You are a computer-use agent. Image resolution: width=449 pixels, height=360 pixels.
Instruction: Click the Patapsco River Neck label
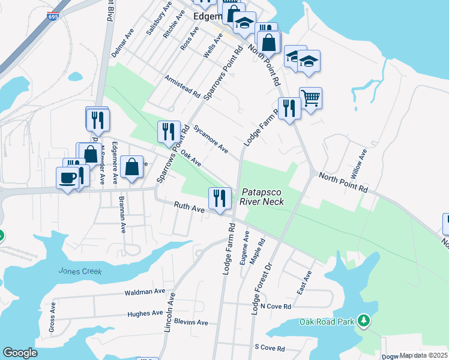(x=262, y=197)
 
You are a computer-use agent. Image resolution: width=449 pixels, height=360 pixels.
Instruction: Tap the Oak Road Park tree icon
(x=363, y=322)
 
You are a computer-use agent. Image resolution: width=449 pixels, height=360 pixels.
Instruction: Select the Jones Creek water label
(x=80, y=271)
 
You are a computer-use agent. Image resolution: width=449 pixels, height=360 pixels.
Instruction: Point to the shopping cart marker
(x=310, y=98)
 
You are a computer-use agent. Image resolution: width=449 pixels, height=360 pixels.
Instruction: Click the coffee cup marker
(x=67, y=178)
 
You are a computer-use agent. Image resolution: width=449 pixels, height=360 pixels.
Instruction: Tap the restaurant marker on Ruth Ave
(x=220, y=199)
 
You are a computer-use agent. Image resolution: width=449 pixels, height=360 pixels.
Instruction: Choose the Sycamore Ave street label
(x=211, y=139)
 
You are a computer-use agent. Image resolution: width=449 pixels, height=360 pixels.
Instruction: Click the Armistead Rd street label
(x=183, y=86)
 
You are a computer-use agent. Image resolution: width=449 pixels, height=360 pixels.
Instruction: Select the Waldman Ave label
(x=145, y=292)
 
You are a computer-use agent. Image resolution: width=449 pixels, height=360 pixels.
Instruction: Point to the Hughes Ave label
(x=145, y=313)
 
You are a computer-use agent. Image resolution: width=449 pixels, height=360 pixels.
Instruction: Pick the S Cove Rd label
(x=270, y=347)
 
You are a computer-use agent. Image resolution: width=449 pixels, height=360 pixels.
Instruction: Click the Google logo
(x=20, y=353)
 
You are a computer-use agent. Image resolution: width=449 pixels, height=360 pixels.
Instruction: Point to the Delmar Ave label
(x=122, y=46)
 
